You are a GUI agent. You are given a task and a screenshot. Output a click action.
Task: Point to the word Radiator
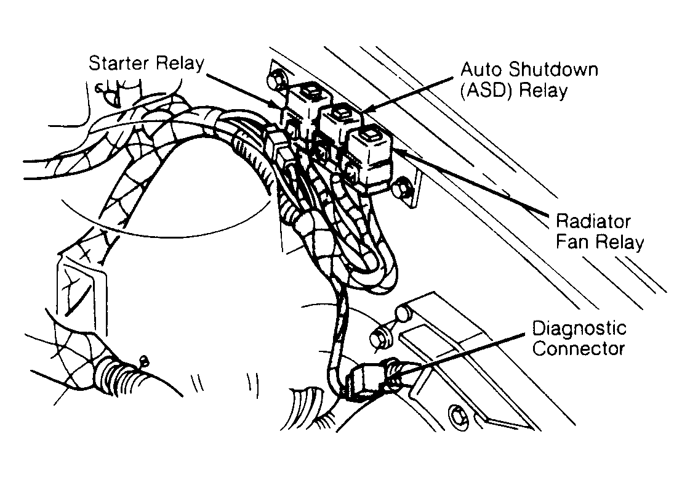point(593,221)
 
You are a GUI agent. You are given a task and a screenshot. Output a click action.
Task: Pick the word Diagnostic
point(579,329)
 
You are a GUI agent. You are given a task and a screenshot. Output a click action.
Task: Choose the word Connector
point(578,348)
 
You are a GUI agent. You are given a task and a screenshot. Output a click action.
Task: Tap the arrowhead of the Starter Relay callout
point(279,106)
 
